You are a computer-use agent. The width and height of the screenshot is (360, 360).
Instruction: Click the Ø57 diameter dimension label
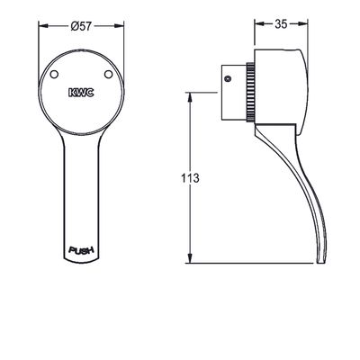[81, 26]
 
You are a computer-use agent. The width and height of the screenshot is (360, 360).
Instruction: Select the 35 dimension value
[281, 24]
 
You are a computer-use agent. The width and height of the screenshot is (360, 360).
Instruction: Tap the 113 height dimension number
[190, 178]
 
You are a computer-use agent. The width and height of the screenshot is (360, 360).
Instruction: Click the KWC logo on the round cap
[81, 93]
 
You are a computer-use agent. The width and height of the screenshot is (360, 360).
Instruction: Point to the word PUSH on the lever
[81, 250]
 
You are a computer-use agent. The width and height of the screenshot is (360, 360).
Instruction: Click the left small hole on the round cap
[54, 74]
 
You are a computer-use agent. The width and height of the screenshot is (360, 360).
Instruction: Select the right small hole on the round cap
[108, 74]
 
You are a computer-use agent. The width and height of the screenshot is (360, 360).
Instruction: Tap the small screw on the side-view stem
[228, 79]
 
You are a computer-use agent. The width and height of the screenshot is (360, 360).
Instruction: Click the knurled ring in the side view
[250, 93]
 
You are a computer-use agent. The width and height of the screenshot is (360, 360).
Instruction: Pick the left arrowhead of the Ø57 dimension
[43, 26]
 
